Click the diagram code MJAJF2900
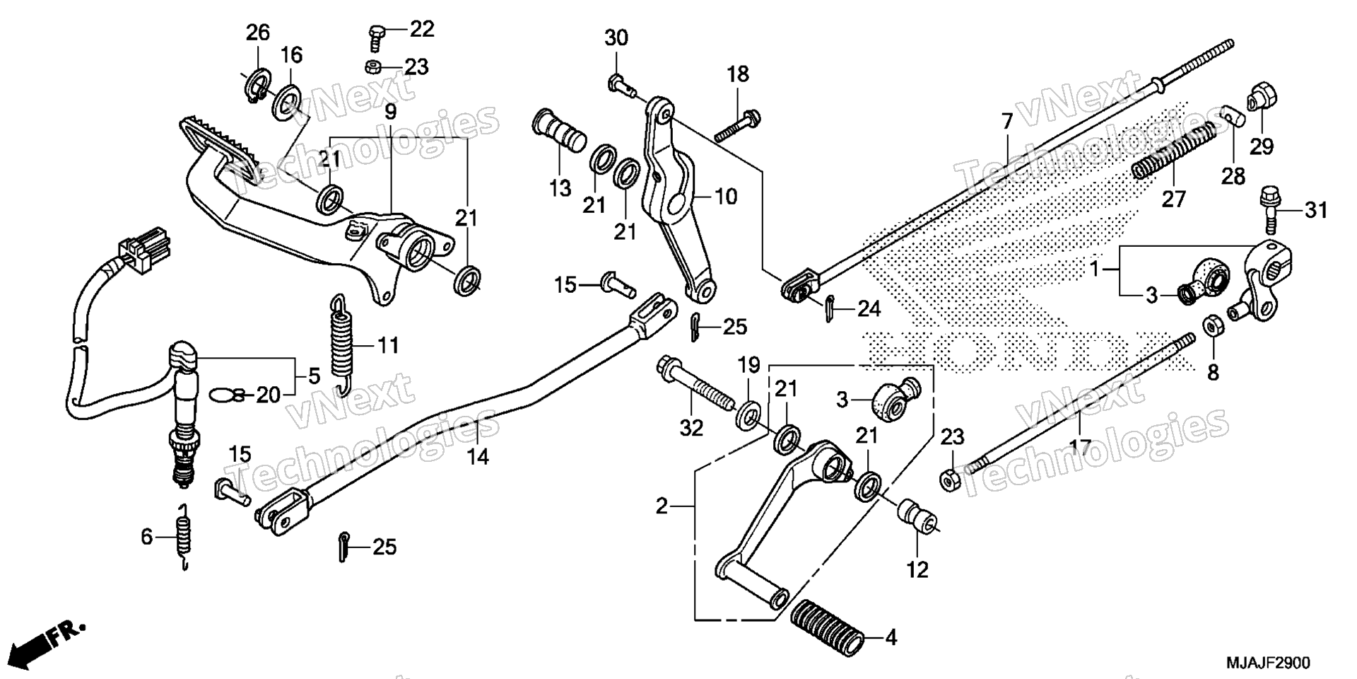1268,663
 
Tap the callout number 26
258,32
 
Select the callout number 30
616,37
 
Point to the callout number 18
738,74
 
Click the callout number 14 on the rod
478,456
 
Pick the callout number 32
692,427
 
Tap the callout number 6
146,537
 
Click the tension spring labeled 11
342,344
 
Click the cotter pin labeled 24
830,308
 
